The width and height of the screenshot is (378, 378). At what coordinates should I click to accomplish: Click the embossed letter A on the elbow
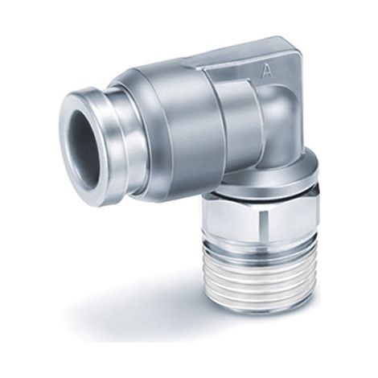tap(266, 70)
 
